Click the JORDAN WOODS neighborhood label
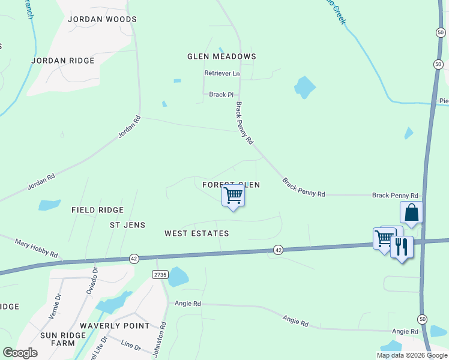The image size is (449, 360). click(102, 19)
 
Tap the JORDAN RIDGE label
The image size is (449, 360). click(63, 61)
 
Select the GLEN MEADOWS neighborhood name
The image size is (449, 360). click(221, 56)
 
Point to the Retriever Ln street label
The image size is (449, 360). click(221, 74)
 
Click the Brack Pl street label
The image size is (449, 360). click(221, 95)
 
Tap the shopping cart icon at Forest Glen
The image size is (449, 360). click(233, 195)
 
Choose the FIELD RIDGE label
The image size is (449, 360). click(97, 210)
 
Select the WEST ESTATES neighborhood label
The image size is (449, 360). click(197, 233)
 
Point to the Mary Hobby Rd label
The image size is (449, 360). click(36, 246)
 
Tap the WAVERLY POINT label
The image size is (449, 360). click(115, 326)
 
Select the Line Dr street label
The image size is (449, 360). click(130, 347)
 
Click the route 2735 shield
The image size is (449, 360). click(159, 274)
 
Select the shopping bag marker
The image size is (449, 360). click(412, 212)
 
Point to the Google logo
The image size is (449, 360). click(20, 353)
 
